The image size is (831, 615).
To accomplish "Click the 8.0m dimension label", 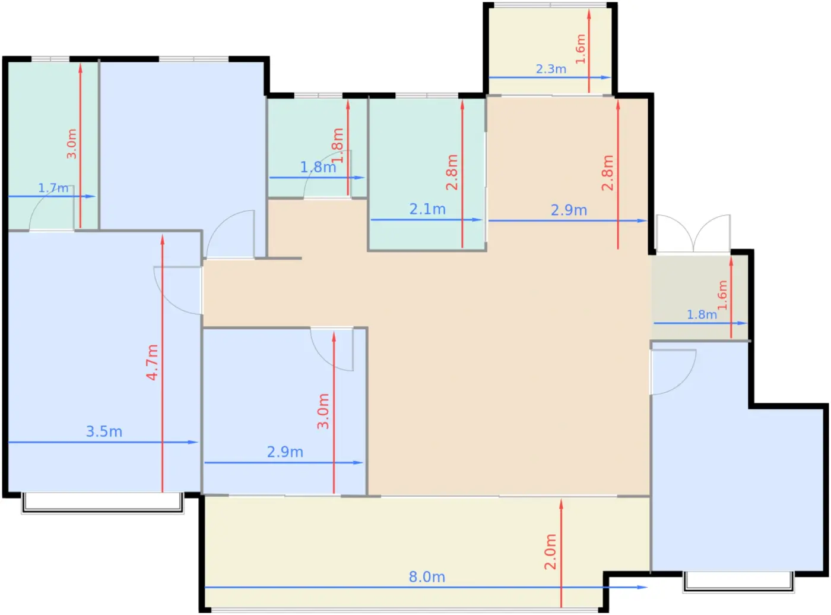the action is pos(427,576).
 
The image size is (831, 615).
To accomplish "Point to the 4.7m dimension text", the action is pos(153,362).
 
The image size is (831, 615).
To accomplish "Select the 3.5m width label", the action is pos(104,431).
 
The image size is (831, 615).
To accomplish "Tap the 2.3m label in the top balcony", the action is pos(551,69).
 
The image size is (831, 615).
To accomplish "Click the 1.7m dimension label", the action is pos(53,188).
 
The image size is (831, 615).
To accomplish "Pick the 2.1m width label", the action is pos(427,209).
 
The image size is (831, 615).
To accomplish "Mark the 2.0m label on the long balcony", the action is pos(550,551).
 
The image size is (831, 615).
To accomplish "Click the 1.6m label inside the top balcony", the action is pos(580,49).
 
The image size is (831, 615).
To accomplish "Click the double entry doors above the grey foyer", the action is pos(693,234).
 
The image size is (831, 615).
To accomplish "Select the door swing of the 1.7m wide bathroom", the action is pos(52,208).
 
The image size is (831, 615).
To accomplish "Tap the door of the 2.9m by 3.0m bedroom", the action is pos(332,349).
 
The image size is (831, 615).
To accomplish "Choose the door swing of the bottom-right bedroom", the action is pos(674,372).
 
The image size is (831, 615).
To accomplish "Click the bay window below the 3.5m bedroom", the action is pos(103,503).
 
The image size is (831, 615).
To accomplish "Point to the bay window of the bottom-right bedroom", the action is pos(738,582).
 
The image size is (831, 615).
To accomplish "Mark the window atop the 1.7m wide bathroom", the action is pos(50,59).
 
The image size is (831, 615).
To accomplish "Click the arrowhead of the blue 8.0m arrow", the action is pos(642,587).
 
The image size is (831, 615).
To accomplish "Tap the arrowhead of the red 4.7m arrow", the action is pos(162,239).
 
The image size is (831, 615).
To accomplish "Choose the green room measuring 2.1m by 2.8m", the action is pos(427,174).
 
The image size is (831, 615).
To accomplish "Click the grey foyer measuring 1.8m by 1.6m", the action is pos(700,298).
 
